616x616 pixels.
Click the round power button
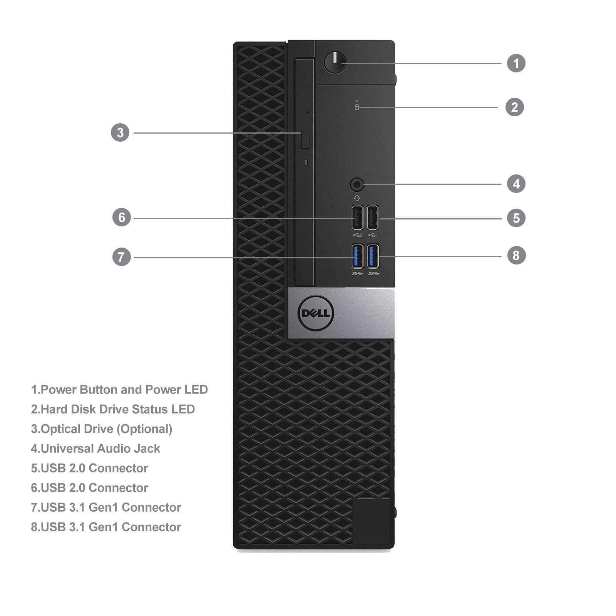point(335,62)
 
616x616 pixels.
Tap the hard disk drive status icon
point(357,107)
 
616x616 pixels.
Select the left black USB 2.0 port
point(357,218)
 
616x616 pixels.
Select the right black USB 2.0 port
point(372,218)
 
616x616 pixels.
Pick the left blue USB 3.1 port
point(357,256)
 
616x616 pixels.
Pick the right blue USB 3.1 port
point(373,256)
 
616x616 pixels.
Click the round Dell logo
point(316,313)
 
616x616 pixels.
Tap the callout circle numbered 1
point(516,63)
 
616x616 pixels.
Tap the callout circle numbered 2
point(515,107)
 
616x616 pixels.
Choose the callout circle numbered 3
point(120,132)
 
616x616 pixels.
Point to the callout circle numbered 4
point(516,184)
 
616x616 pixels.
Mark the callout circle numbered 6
point(122,217)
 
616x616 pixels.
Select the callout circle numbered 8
point(516,255)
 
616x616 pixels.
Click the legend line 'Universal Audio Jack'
point(95,449)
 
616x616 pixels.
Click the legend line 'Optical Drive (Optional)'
point(102,429)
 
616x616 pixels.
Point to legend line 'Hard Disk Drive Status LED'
point(113,409)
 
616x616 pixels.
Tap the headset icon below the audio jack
point(357,198)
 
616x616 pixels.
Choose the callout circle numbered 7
point(122,257)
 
